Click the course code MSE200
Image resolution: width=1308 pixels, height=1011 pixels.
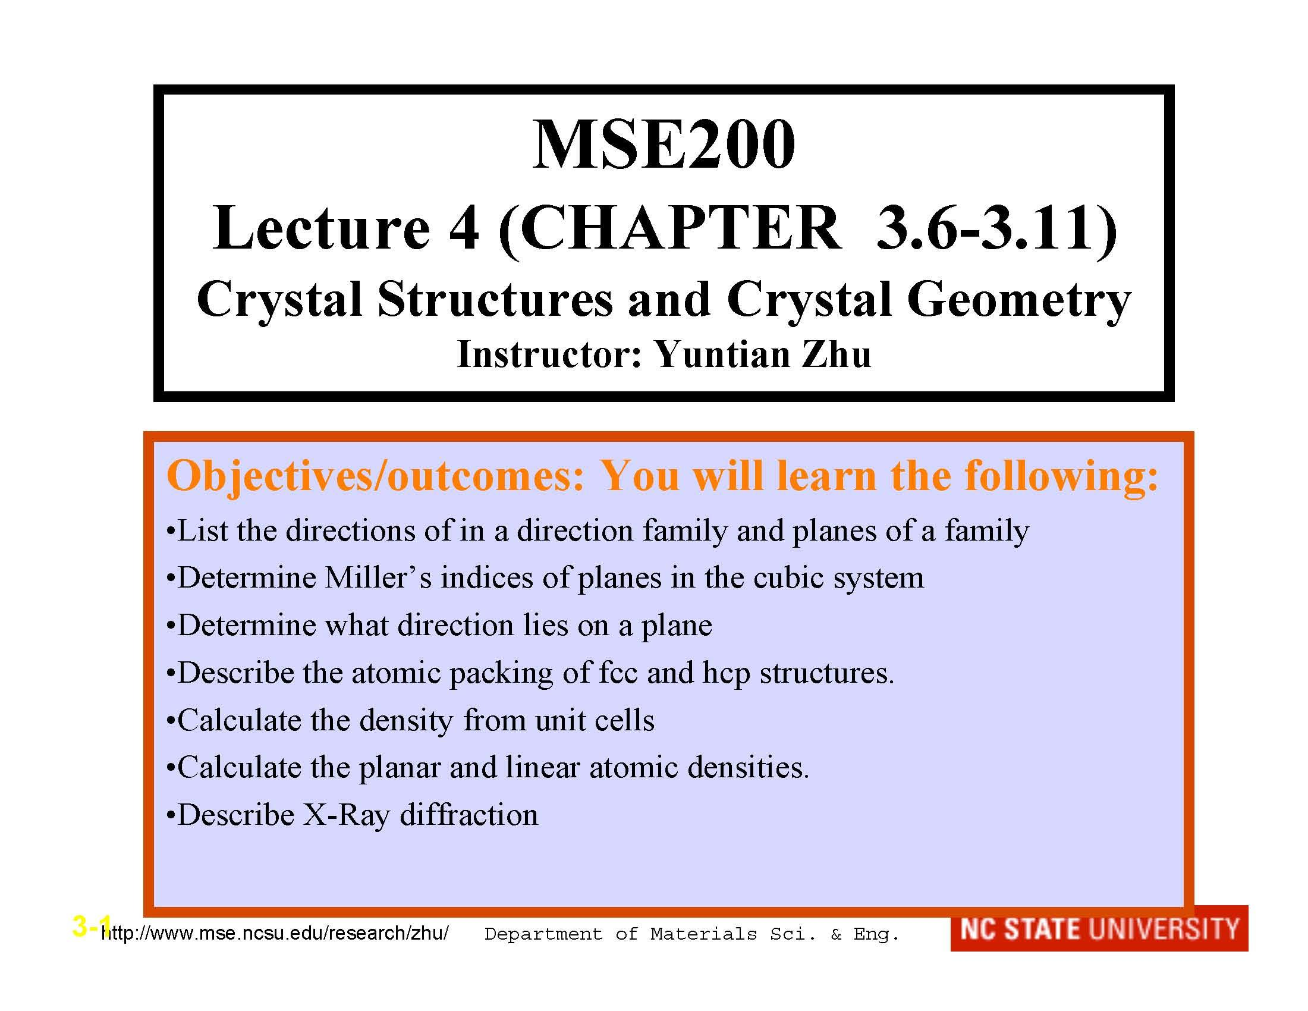pos(664,145)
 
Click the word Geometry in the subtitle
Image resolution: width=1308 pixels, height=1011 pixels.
pos(1018,301)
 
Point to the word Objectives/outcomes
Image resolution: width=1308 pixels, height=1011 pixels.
pos(375,477)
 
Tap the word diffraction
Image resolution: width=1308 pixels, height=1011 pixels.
pos(469,815)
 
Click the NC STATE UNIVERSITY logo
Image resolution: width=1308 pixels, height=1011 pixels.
pos(1099,929)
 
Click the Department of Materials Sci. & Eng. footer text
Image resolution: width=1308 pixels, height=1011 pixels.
pos(691,934)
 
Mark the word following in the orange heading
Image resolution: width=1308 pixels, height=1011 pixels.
pos(1060,477)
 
